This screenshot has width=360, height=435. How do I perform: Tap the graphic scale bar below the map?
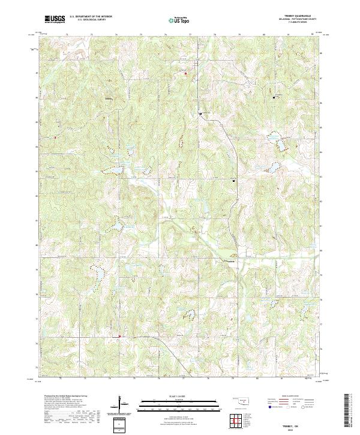[179, 403]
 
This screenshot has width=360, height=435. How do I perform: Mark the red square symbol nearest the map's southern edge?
[119, 336]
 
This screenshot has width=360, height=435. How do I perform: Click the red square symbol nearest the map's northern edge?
[185, 74]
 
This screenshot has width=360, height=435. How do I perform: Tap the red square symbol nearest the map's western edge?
[55, 137]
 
